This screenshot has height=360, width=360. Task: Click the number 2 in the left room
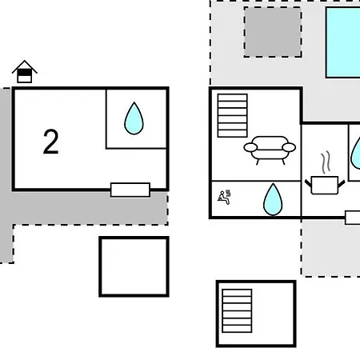tap(50, 142)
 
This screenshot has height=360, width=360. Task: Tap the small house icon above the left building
tap(25, 71)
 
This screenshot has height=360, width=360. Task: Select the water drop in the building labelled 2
tap(134, 118)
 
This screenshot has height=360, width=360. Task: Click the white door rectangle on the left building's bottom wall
tap(130, 190)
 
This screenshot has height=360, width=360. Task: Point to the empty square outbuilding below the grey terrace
tap(134, 266)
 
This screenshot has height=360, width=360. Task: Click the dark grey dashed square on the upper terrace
tap(273, 32)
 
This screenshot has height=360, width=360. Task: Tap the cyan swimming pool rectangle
tap(343, 42)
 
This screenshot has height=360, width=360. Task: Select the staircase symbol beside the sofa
tap(233, 115)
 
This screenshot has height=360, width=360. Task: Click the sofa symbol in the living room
tap(270, 150)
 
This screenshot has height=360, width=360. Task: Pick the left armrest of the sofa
tap(250, 147)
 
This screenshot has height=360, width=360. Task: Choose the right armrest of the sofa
tap(289, 147)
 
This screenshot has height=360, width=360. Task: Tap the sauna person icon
tap(224, 198)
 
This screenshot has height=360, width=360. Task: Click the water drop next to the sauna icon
tap(273, 199)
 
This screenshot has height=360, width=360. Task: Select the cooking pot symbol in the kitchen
tap(325, 185)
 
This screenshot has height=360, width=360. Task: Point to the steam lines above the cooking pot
tap(326, 162)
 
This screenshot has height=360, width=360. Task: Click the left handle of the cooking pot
tap(308, 183)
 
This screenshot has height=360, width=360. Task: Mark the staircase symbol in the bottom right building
tap(237, 311)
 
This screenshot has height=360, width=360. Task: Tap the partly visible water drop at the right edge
tap(355, 154)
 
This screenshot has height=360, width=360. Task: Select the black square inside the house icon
tap(25, 73)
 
